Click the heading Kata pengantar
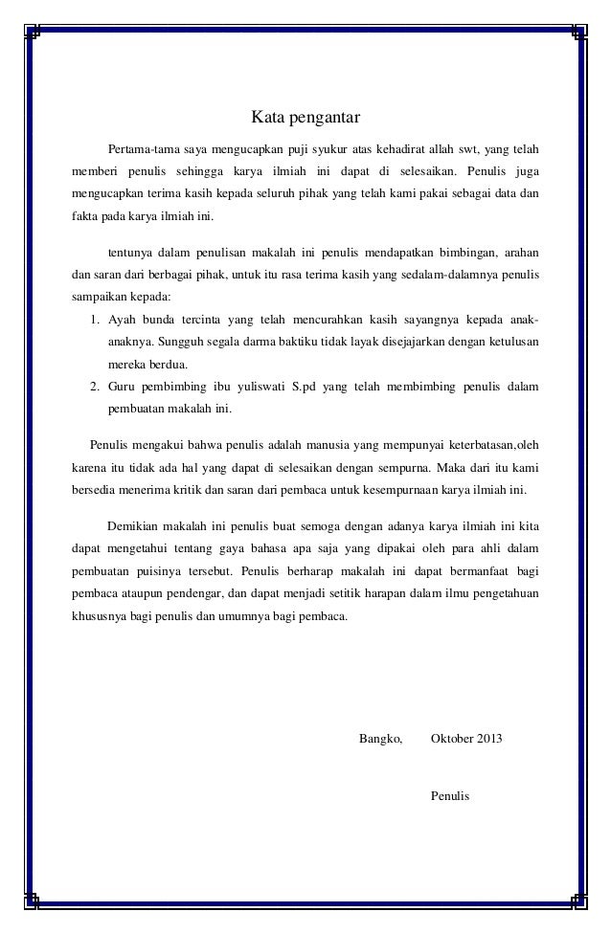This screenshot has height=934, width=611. coord(305,119)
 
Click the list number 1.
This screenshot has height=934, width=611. coord(93,321)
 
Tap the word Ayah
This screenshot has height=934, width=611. coord(122,321)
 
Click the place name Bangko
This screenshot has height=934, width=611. coord(379,740)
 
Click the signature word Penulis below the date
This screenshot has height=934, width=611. coord(451,794)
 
